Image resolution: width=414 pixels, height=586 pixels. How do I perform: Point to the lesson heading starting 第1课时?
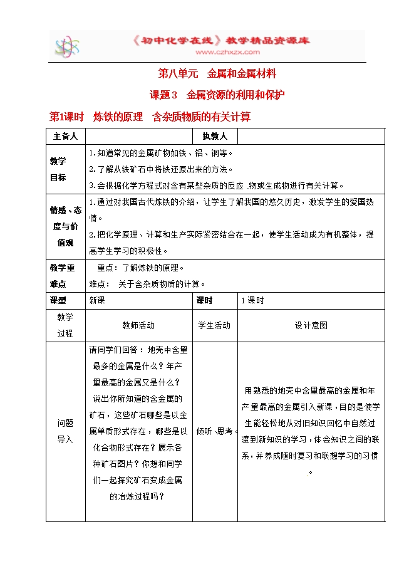pyautogui.click(x=150, y=117)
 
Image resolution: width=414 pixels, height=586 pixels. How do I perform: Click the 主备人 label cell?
pyautogui.click(x=65, y=136)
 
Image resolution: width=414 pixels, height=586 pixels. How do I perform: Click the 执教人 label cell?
pyautogui.click(x=214, y=136)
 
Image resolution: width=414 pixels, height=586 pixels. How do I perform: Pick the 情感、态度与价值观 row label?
pyautogui.click(x=66, y=226)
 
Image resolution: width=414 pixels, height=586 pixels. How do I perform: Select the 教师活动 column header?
pyautogui.click(x=138, y=325)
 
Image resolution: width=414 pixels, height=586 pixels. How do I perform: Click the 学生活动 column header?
pyautogui.click(x=214, y=325)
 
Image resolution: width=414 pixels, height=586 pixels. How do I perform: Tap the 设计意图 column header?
pyautogui.click(x=311, y=325)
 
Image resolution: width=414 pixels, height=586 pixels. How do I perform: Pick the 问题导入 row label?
pyautogui.click(x=65, y=431)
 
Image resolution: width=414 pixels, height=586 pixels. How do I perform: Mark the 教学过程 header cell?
pyautogui.click(x=65, y=325)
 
